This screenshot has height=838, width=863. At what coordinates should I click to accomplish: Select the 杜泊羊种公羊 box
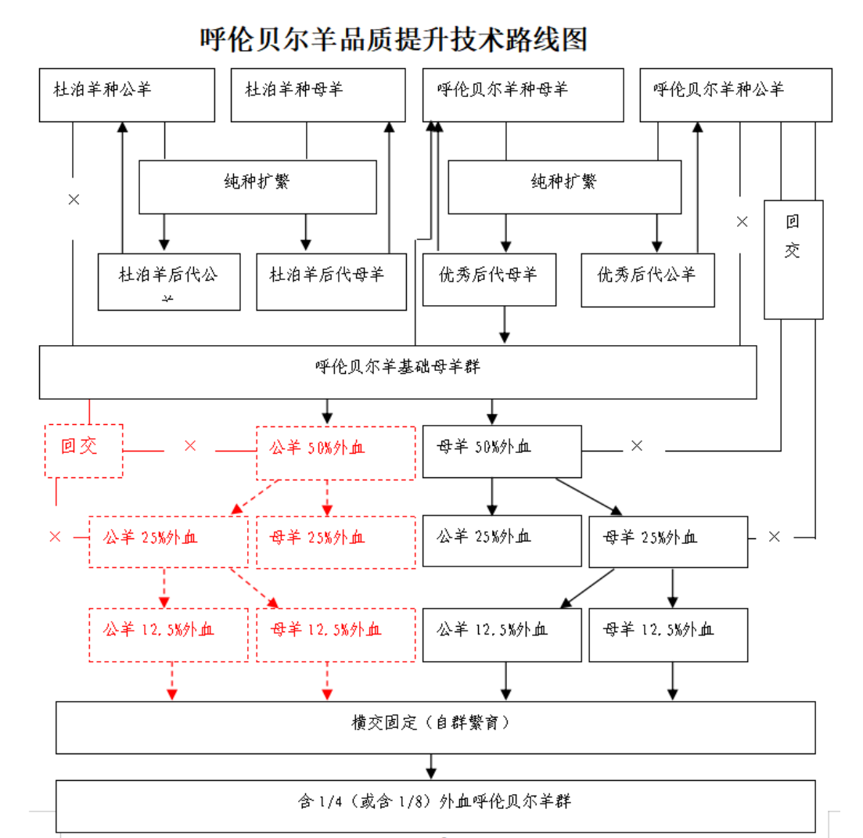pos(127,95)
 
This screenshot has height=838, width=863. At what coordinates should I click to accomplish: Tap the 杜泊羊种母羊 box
pos(318,95)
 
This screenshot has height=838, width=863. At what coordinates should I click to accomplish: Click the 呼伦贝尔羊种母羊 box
pos(523,95)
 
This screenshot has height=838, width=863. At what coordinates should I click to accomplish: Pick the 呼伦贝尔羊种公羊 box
pos(733,95)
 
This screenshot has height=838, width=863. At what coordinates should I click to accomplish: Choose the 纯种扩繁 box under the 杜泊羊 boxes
pos(257,186)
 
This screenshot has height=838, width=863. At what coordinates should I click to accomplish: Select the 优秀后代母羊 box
pos(489,279)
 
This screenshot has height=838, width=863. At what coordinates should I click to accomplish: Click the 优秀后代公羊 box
pos(647,279)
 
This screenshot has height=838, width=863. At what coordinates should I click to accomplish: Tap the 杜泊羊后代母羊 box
pos(331,281)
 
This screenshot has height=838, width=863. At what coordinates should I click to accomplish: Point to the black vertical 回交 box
pos(793,259)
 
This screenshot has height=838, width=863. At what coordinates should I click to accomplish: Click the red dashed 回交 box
pos(84,450)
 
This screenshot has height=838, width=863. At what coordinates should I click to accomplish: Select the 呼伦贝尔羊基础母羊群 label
pos(397,366)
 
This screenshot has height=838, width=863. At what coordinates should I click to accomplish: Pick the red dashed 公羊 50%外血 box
pos(336,452)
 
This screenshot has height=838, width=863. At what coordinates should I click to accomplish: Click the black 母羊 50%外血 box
pos(502,451)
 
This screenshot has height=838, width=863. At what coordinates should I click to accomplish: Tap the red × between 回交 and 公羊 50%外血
pos(190,446)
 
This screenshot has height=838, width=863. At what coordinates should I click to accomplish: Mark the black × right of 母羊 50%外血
pos(637,446)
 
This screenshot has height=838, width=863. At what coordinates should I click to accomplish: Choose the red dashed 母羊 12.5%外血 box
pos(336,634)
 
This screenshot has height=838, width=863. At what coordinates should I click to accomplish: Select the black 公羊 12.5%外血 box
pos(502,634)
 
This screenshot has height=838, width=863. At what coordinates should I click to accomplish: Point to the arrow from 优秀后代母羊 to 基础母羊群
pos(505,325)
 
